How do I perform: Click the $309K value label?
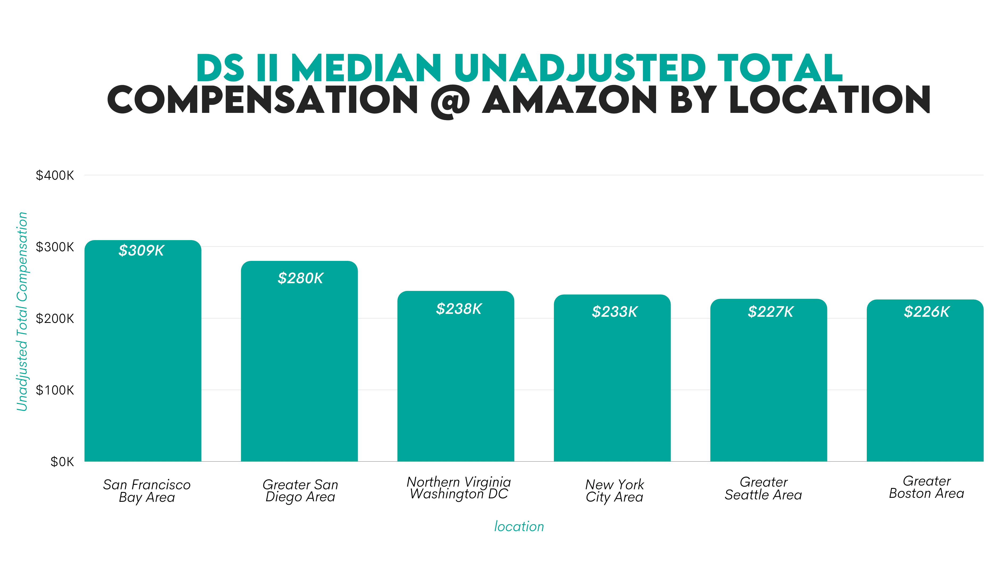[141, 250]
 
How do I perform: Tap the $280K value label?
[300, 278]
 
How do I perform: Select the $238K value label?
[459, 309]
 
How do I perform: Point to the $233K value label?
[614, 312]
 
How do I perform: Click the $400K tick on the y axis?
[55, 175]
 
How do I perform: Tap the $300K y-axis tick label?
[55, 247]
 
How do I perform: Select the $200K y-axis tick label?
[55, 318]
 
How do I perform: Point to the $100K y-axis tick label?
[55, 390]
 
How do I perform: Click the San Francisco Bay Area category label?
[147, 491]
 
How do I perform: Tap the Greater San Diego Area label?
[300, 491]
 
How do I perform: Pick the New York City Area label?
[614, 491]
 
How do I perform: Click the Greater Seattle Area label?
[763, 488]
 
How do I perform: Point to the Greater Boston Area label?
[926, 487]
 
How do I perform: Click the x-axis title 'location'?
[519, 527]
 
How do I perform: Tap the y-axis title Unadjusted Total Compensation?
[22, 312]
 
